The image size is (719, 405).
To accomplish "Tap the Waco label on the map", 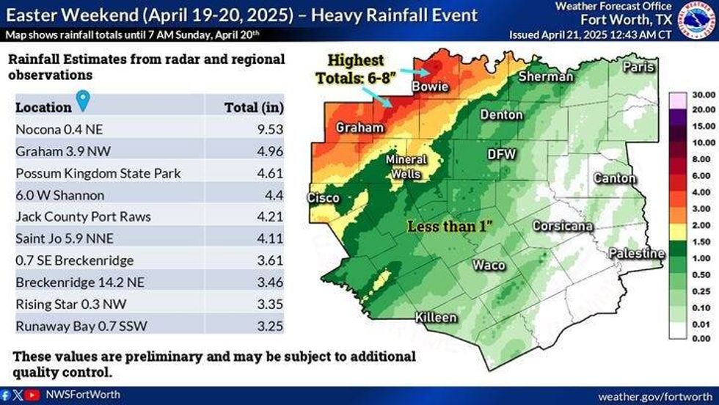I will [489, 265].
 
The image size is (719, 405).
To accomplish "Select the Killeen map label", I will [436, 318].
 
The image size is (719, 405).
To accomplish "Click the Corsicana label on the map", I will [562, 226].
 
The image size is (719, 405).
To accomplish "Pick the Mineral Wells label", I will [406, 167].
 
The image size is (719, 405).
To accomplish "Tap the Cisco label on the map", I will [323, 198].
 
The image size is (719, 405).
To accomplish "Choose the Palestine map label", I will [636, 254].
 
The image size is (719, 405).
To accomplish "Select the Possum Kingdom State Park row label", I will [98, 174].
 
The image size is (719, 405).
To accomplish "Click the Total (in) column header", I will [253, 107].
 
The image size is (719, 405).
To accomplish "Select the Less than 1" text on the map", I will [449, 227].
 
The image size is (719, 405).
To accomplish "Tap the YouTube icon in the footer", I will [32, 395].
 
